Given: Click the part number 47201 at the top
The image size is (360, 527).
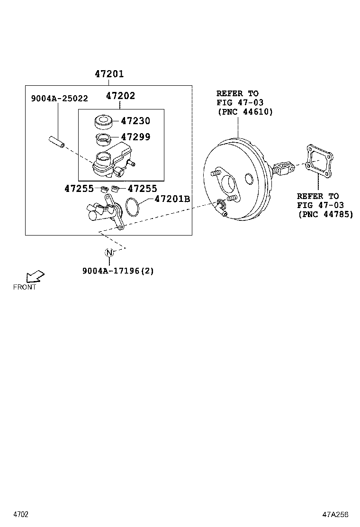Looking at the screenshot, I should pyautogui.click(x=109, y=74).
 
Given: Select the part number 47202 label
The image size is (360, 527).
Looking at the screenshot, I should pyautogui.click(x=120, y=96).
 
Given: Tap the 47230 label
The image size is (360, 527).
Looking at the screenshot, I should pyautogui.click(x=135, y=121).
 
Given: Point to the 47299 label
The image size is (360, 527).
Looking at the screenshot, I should pyautogui.click(x=135, y=137).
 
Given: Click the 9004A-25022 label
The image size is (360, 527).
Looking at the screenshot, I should pyautogui.click(x=59, y=99).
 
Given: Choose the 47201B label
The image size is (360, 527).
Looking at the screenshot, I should pyautogui.click(x=172, y=199).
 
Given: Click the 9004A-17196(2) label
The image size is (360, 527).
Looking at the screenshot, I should pyautogui.click(x=118, y=271).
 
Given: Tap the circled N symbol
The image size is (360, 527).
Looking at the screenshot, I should pyautogui.click(x=109, y=253).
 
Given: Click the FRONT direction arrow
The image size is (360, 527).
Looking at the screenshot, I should pyautogui.click(x=35, y=277).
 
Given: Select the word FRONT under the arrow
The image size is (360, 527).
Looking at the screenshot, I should pyautogui.click(x=25, y=287).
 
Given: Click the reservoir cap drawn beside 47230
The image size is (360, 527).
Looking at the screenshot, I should pyautogui.click(x=103, y=122).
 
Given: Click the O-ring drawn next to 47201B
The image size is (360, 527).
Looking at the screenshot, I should pyautogui.click(x=134, y=207).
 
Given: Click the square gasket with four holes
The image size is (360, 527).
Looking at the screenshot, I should pyautogui.click(x=319, y=162).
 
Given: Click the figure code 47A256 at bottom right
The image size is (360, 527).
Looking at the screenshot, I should pyautogui.click(x=335, y=514).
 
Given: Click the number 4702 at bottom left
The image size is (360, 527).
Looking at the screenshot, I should pyautogui.click(x=21, y=514).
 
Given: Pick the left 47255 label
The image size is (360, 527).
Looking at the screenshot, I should pyautogui.click(x=79, y=189).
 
